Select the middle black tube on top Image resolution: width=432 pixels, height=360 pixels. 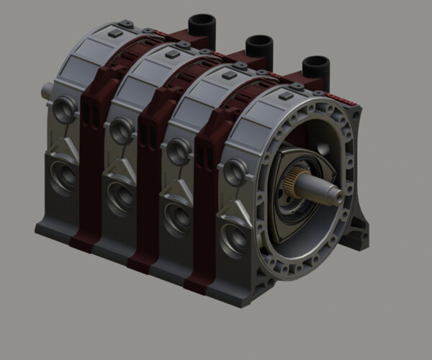pyautogui.click(x=258, y=47)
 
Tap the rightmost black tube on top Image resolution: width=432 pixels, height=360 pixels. pyautogui.click(x=315, y=68)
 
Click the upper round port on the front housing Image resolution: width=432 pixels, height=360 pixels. pyautogui.click(x=235, y=172)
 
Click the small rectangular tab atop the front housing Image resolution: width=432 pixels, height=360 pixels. pyautogui.click(x=286, y=96)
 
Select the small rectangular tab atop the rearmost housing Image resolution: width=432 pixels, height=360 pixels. pyautogui.click(x=115, y=34)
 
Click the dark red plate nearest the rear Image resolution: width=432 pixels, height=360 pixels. pyautogui.click(x=94, y=151)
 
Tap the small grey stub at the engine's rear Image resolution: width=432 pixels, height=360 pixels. pyautogui.click(x=48, y=91)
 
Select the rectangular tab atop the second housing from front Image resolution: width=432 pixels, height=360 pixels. pyautogui.click(x=229, y=75)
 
